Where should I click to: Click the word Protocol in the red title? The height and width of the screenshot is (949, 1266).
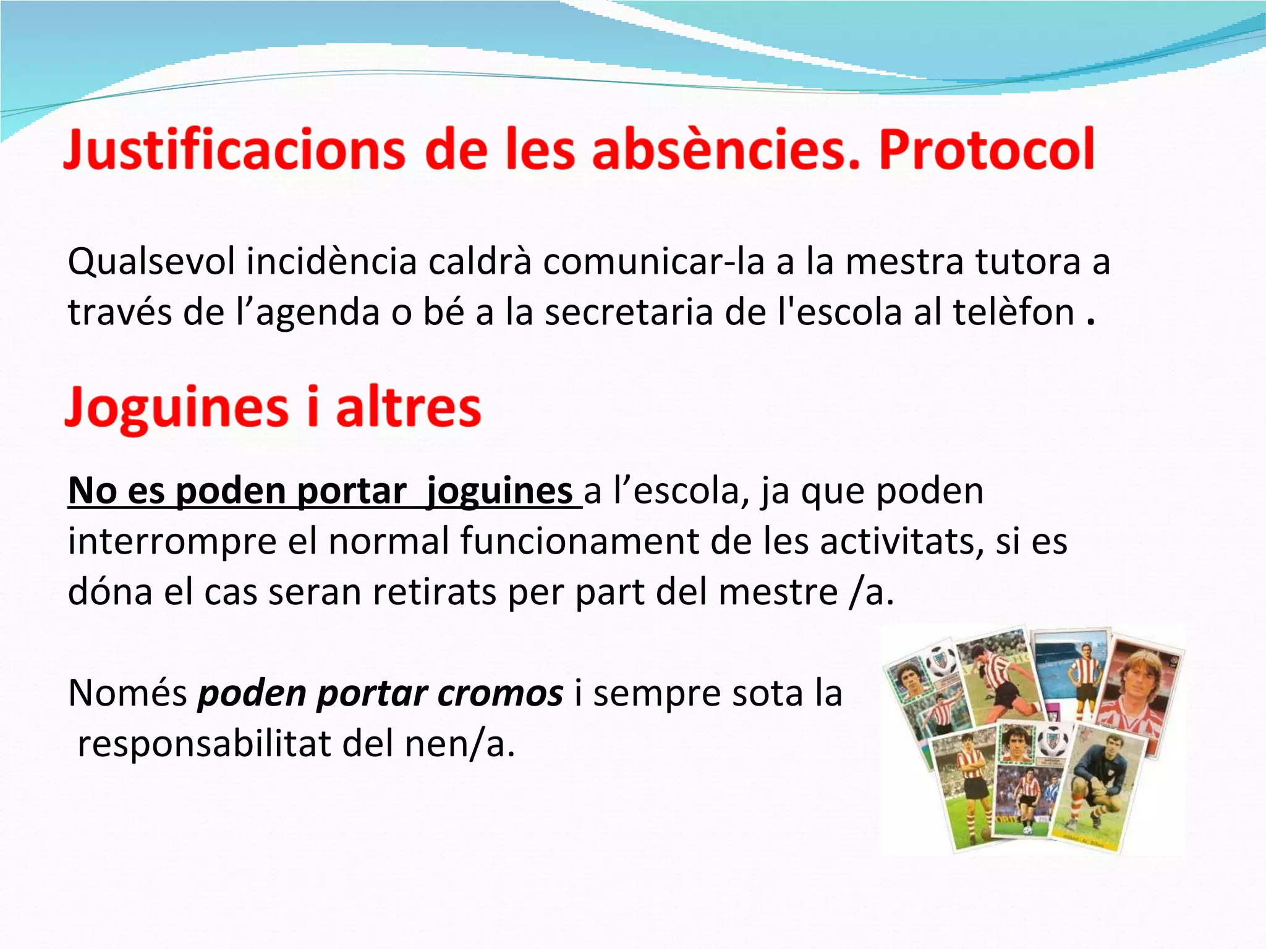987,150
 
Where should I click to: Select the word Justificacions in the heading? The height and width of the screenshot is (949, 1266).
235,150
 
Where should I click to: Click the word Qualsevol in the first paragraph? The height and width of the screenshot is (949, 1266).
151,262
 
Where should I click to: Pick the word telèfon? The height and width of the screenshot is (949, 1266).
1013,312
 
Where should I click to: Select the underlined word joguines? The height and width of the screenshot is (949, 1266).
499,492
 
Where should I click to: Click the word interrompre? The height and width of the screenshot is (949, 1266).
171,542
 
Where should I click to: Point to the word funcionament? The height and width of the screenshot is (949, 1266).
579,542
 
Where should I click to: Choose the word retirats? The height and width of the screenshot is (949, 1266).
434,592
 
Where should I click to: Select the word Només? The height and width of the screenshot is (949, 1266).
127,693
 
